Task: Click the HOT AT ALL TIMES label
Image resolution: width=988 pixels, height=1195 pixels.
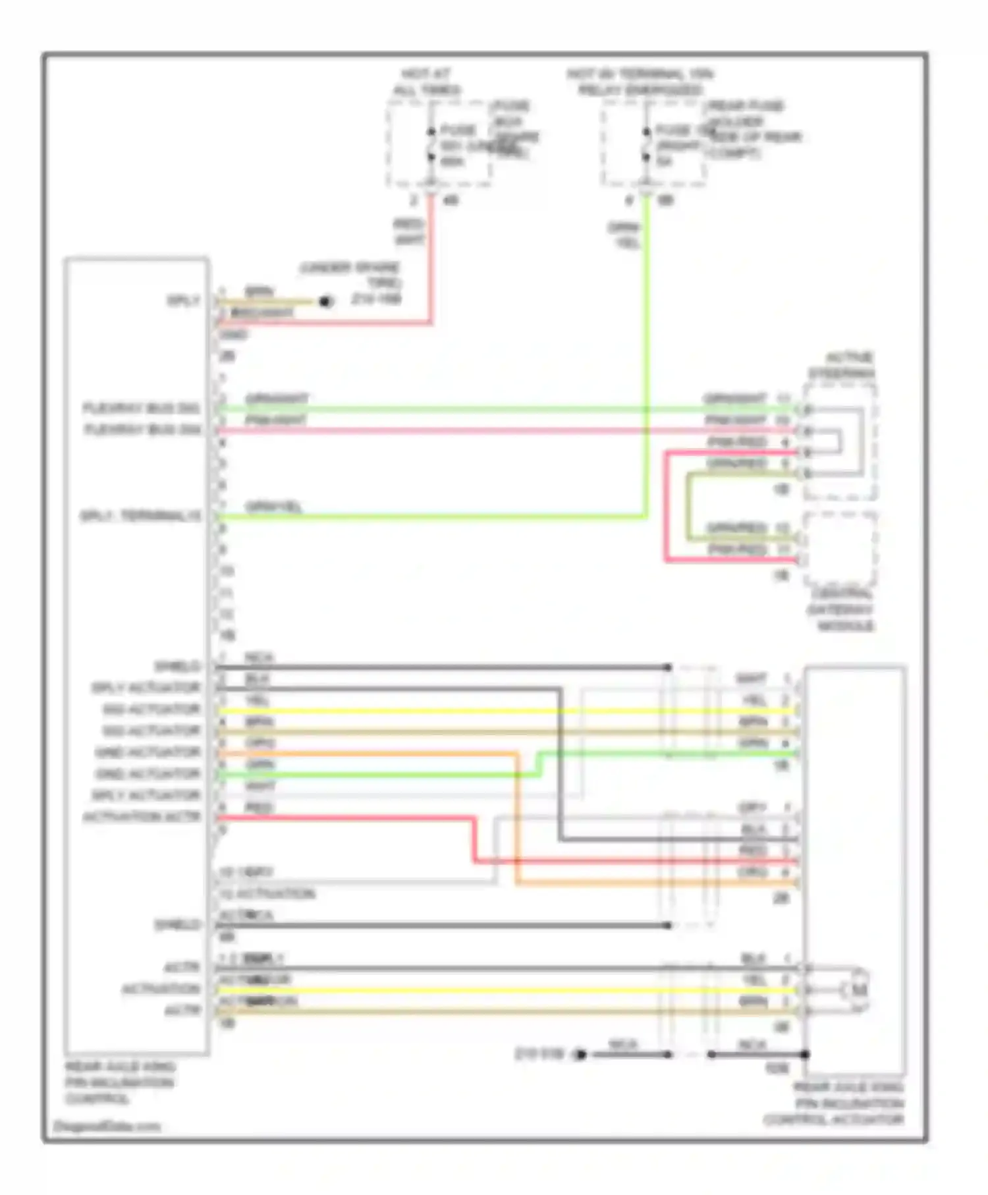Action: click(x=427, y=82)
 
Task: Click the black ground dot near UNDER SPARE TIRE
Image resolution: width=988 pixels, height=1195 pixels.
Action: click(x=325, y=302)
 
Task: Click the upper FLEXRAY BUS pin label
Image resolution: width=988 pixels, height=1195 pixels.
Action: click(x=142, y=408)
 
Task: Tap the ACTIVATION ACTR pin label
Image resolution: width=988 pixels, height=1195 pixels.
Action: click(x=141, y=817)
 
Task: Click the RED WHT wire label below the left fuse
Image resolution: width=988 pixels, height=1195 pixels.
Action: click(x=408, y=232)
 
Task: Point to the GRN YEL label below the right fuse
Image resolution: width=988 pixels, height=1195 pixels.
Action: click(x=624, y=235)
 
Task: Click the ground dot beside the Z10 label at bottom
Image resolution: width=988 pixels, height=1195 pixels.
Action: click(x=580, y=1055)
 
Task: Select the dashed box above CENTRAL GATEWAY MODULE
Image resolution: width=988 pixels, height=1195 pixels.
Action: click(x=840, y=548)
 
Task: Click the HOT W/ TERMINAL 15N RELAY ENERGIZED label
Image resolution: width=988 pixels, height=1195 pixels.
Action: click(x=640, y=82)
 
